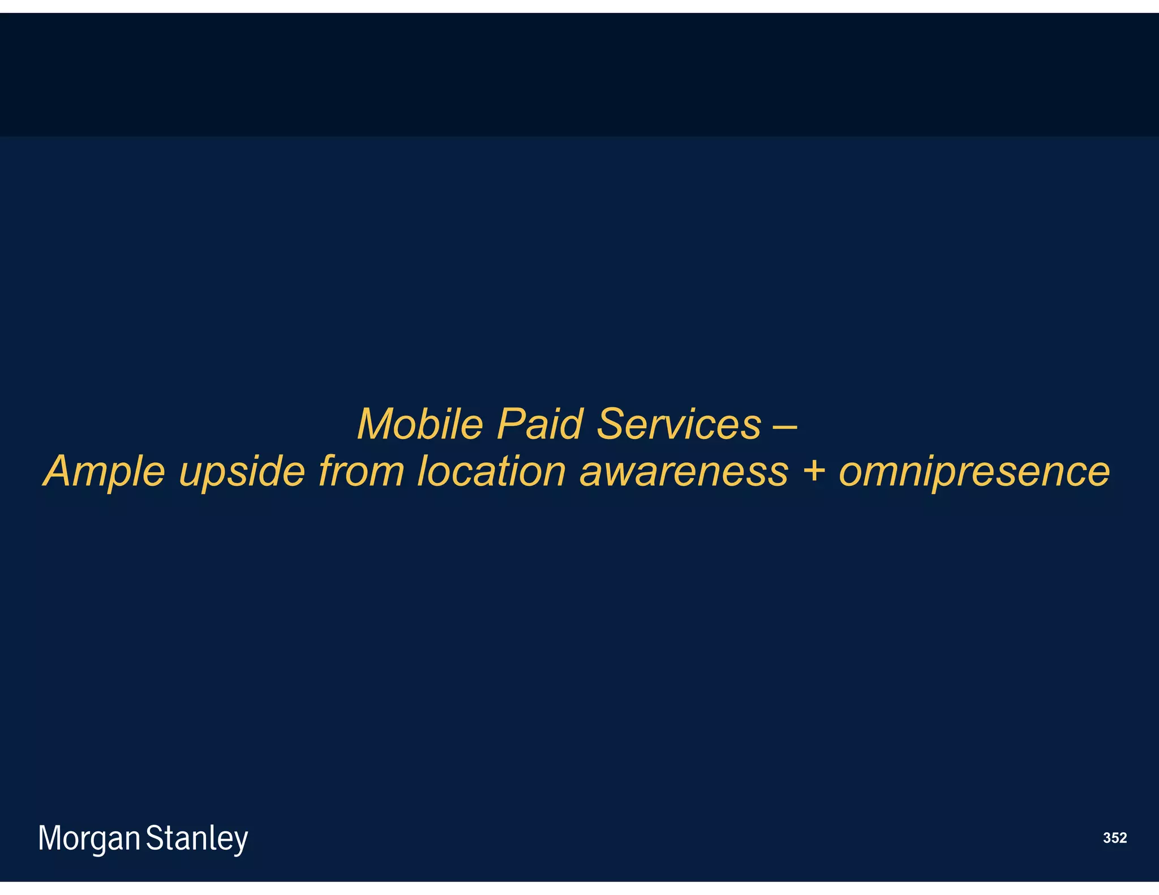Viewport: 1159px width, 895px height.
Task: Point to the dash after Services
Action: pyautogui.click(x=785, y=425)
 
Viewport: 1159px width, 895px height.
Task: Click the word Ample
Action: pyautogui.click(x=105, y=472)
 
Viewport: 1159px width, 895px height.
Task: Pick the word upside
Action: pyautogui.click(x=242, y=472)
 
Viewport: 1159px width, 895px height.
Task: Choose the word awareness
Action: pyautogui.click(x=684, y=472)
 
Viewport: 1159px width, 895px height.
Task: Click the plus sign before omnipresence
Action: pyautogui.click(x=814, y=472)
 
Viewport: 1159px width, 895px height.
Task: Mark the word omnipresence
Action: pyautogui.click(x=974, y=473)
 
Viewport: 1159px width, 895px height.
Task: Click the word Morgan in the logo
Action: pyautogui.click(x=89, y=838)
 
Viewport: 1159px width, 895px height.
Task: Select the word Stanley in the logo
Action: pyautogui.click(x=197, y=838)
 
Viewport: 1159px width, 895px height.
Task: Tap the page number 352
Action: pyautogui.click(x=1115, y=838)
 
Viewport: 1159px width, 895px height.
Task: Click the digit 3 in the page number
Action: pyautogui.click(x=1107, y=838)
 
